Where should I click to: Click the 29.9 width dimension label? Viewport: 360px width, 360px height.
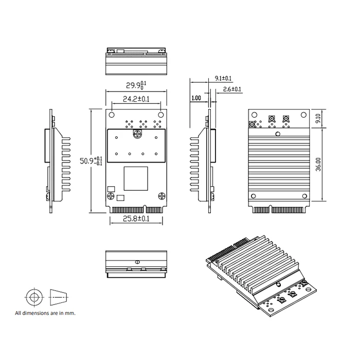point(136,85)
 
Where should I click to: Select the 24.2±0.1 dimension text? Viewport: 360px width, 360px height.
point(136,99)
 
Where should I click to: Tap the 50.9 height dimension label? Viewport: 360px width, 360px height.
point(91,160)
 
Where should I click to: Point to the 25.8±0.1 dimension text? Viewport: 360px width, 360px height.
point(136,219)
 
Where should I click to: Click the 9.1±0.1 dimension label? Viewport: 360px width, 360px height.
point(223,78)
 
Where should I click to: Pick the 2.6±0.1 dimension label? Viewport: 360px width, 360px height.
point(232,89)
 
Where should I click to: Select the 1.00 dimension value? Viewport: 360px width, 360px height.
point(196,98)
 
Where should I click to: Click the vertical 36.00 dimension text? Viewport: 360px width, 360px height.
point(318,164)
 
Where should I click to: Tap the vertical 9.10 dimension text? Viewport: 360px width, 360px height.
point(318,119)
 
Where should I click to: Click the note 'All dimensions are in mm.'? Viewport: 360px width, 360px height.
point(45,313)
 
